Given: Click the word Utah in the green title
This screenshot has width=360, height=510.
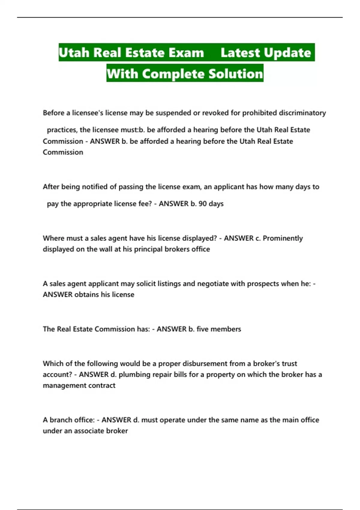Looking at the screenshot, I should (74, 53).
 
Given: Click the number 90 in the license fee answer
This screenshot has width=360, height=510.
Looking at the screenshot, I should (202, 204).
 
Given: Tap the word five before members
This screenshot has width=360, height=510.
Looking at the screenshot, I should (202, 329).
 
